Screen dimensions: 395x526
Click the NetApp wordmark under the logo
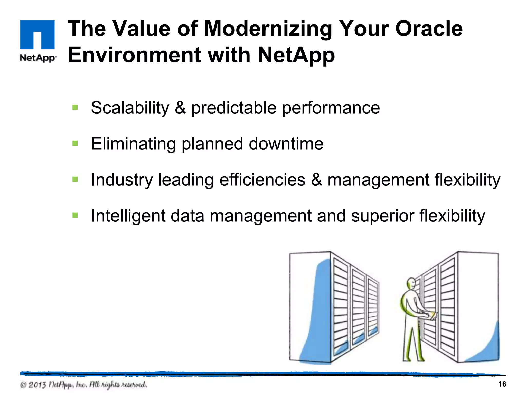pos(37,58)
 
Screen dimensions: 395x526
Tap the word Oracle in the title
pos(429,29)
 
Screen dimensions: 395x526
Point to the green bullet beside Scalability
pos(75,107)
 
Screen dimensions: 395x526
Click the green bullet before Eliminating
pos(75,143)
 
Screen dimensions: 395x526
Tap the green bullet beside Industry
pos(75,179)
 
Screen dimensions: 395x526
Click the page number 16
pos(502,384)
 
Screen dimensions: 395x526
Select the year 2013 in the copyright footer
pos(37,385)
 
